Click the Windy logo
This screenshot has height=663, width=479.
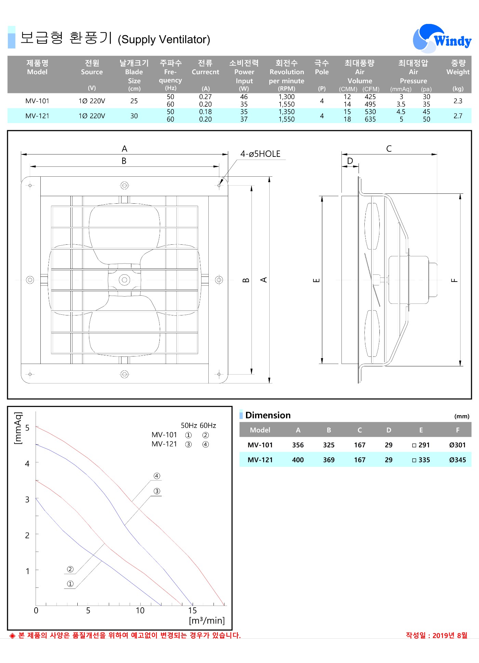[442, 39]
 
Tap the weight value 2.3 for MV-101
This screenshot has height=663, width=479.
[458, 101]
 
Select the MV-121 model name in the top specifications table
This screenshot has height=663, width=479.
[37, 116]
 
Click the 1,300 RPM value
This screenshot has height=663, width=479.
[287, 97]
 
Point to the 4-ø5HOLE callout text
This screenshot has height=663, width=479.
[260, 154]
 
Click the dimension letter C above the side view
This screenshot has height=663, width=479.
[389, 149]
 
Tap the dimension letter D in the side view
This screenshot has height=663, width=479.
[350, 161]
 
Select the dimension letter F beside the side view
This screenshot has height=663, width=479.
[454, 280]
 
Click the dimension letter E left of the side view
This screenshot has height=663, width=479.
[317, 280]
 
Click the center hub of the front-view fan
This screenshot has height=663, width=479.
[125, 280]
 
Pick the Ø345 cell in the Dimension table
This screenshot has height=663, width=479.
[457, 460]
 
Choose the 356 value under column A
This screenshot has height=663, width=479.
[298, 445]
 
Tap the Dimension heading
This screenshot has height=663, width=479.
[268, 415]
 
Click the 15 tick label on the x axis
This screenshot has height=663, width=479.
[192, 611]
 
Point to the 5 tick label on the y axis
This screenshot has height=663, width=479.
[27, 428]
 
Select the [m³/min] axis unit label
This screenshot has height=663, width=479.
[207, 621]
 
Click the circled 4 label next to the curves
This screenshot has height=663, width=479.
[157, 476]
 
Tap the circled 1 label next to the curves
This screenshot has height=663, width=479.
[70, 584]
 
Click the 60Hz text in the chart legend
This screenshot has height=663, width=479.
[208, 425]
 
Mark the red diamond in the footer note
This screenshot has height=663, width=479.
[13, 636]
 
